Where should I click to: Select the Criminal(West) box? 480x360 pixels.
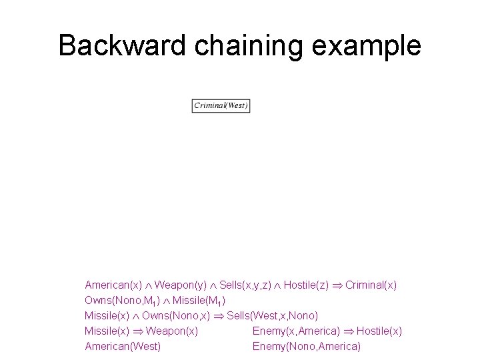(x=221, y=105)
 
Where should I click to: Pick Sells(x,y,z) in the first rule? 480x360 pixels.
(x=245, y=285)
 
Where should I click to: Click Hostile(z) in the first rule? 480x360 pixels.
(x=306, y=285)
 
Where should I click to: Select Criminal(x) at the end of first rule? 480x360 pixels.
(x=371, y=285)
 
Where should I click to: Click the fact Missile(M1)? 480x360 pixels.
(x=199, y=300)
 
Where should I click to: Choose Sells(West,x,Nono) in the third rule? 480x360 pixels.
(x=273, y=315)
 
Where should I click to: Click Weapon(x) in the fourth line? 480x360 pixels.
(x=171, y=331)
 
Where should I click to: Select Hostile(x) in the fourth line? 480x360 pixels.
(x=379, y=331)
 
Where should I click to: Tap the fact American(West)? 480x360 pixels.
(x=123, y=347)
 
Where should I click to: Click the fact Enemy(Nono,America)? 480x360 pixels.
(x=307, y=347)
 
